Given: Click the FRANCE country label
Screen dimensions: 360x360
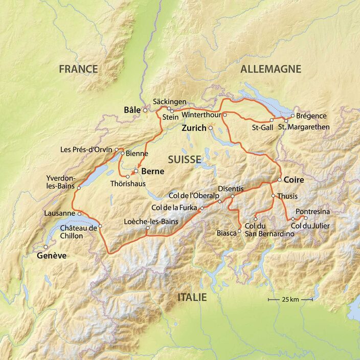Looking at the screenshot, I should [78, 69].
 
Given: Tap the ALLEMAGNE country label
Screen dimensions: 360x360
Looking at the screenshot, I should [271, 69].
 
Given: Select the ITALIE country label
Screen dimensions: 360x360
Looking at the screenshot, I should [192, 298].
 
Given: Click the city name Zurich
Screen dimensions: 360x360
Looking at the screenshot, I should [193, 128].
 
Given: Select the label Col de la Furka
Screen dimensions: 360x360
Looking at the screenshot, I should [175, 208].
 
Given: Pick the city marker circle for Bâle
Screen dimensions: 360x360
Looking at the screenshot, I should [145, 110].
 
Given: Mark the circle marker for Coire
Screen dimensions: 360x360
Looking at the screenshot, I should [280, 180].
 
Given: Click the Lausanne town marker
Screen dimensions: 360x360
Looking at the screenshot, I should [79, 214].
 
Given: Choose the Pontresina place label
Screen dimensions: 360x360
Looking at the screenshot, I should [313, 211].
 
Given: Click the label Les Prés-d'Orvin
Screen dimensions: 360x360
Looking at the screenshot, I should [86, 150].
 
